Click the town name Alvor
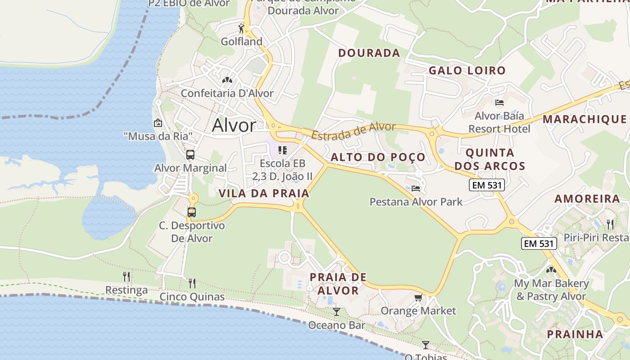click(234, 125)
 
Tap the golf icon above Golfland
click(241, 29)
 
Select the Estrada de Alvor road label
click(354, 131)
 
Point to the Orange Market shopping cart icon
click(418, 298)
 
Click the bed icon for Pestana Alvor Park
click(416, 188)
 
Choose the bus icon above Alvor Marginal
click(190, 155)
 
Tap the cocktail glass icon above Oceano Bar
click(336, 311)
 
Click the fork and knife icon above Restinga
click(126, 276)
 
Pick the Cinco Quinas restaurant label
click(192, 297)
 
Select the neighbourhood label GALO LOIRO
click(467, 71)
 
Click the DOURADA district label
click(369, 53)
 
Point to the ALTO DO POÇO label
click(378, 157)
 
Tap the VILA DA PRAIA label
click(264, 193)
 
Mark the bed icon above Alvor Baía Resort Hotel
click(499, 103)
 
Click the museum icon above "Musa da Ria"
click(158, 122)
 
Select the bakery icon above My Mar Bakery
click(551, 270)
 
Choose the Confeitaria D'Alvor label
click(227, 93)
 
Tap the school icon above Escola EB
click(282, 150)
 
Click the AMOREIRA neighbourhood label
click(587, 199)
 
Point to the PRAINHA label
click(575, 334)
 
